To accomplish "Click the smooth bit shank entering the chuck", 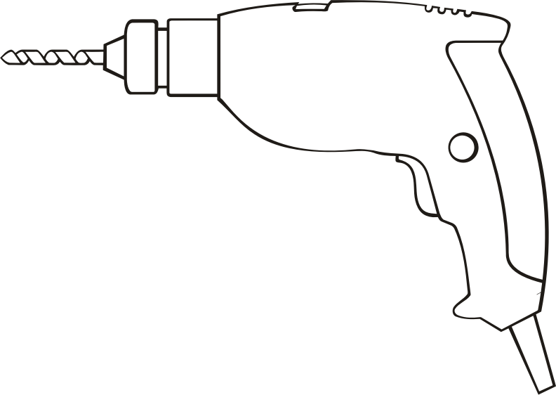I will click(95, 55).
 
